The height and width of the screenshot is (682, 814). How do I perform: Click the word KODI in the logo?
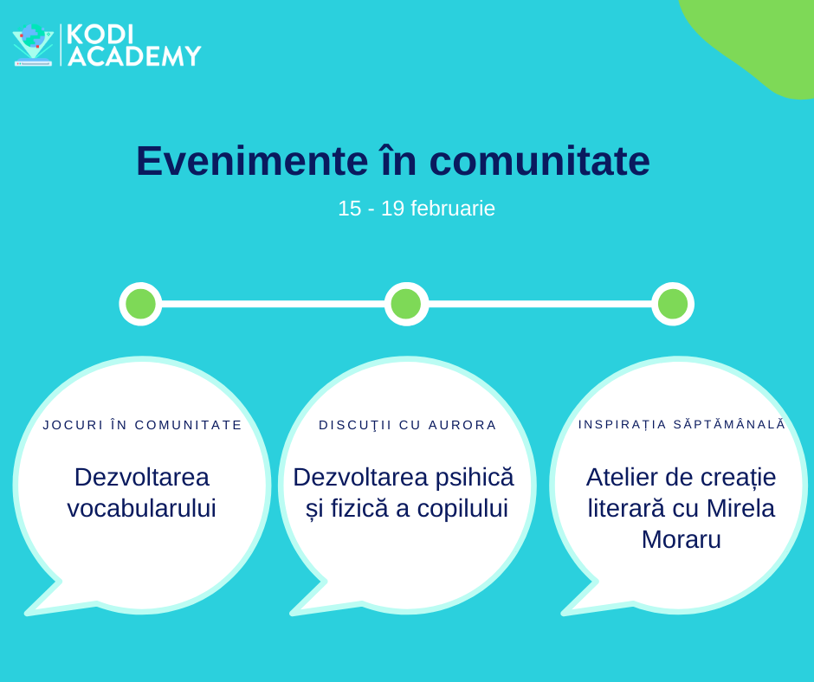(100, 35)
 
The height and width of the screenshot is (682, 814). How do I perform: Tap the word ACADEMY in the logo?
(134, 56)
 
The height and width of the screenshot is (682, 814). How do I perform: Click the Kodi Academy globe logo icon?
(33, 45)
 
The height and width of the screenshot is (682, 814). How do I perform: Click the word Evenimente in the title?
(252, 161)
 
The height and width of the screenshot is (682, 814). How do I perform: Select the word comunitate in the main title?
(539, 162)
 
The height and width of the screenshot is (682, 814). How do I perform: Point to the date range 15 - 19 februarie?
(417, 209)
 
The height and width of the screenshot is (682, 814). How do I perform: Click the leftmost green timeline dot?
(140, 304)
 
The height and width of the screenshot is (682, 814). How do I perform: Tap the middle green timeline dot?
(406, 304)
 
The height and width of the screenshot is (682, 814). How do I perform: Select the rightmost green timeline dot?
(673, 304)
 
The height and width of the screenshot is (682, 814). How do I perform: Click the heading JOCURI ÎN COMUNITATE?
(142, 425)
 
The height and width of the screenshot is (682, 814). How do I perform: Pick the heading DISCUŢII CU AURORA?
(408, 425)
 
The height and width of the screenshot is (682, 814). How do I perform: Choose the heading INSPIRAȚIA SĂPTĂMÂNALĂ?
(682, 424)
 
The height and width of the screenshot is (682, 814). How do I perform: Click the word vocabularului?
(142, 508)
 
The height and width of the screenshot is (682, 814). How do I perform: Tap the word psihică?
(475, 478)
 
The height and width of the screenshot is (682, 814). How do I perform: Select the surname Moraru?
(682, 540)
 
